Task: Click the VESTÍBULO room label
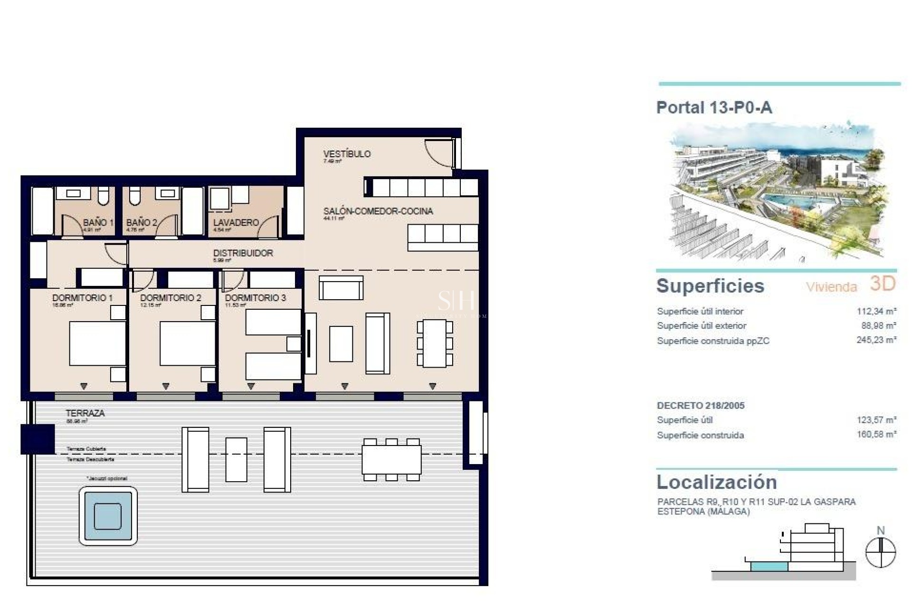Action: (346, 154)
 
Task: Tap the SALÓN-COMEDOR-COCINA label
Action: (378, 211)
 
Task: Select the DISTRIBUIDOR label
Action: (243, 253)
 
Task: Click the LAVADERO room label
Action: (236, 222)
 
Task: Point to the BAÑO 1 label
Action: (98, 222)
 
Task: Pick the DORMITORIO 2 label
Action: (171, 298)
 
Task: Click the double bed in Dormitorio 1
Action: (97, 343)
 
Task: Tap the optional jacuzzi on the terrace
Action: (108, 516)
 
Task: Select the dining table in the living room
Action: (434, 343)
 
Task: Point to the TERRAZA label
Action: (85, 413)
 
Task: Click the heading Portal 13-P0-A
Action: (713, 108)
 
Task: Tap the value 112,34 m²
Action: (876, 311)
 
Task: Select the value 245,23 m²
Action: (876, 340)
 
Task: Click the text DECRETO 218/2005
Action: (700, 406)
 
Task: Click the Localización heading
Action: (716, 482)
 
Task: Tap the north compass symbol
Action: (880, 552)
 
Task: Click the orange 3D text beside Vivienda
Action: (883, 284)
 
